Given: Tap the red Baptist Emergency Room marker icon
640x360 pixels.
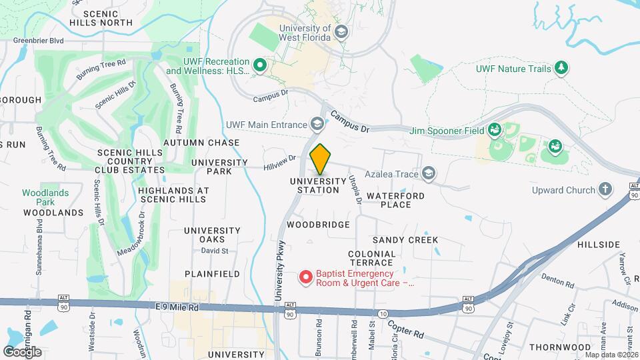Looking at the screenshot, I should click(306, 276).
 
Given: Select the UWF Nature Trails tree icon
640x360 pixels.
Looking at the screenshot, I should click(561, 68).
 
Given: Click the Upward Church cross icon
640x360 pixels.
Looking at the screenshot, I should click(605, 190).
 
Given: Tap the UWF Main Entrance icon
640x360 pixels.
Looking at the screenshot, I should click(318, 124).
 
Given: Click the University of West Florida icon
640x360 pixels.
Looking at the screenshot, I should click(341, 33).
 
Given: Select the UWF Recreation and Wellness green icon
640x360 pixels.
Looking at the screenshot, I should click(260, 65).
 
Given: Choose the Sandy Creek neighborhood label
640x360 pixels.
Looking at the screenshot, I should click(405, 239).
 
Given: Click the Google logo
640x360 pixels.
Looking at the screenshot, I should click(22, 351).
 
